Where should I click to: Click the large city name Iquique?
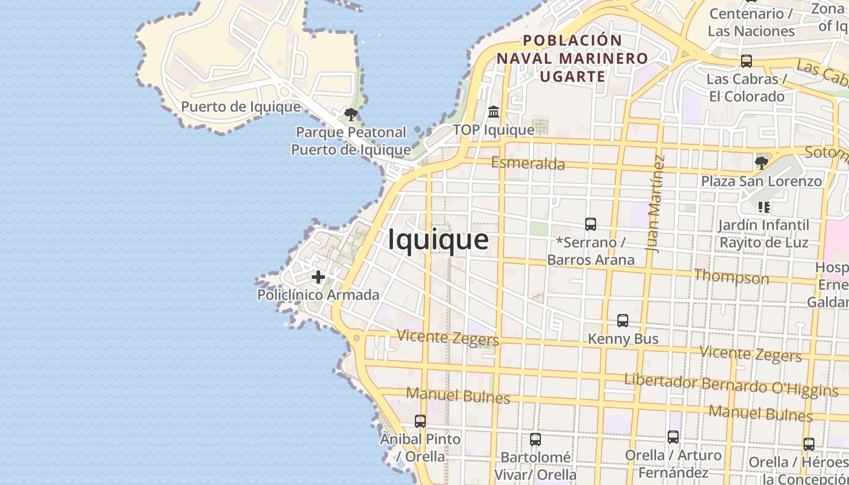click(x=438, y=239)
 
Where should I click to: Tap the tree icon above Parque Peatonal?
click(x=351, y=114)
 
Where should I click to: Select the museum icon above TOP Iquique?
click(x=494, y=112)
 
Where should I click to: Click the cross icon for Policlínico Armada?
click(x=318, y=278)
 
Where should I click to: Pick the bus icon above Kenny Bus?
click(x=623, y=321)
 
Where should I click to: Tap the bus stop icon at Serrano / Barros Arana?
click(x=591, y=224)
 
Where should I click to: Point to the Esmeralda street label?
click(x=528, y=163)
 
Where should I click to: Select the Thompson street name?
click(x=731, y=277)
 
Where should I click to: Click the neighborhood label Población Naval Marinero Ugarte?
click(x=572, y=58)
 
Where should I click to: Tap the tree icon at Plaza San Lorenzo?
click(x=761, y=162)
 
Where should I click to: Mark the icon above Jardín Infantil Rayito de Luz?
click(x=764, y=207)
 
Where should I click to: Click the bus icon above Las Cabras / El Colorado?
click(x=747, y=61)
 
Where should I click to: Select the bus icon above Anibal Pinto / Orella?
click(x=420, y=421)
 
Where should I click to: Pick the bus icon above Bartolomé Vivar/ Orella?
click(x=535, y=440)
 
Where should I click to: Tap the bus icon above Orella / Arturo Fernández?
click(x=673, y=436)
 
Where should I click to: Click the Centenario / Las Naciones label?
click(x=751, y=22)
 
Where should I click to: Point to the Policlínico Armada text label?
click(x=318, y=295)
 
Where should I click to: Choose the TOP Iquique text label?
click(x=494, y=130)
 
